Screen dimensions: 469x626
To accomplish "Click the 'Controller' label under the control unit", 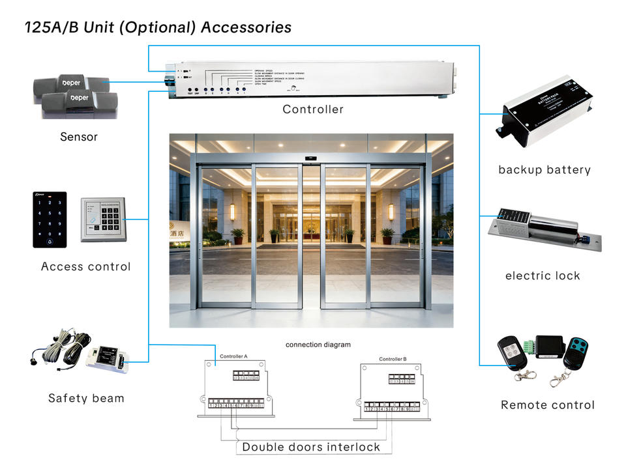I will coord(313,109).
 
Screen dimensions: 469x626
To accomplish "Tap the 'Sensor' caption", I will coord(79,137).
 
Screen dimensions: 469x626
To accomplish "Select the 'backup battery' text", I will coord(544,170).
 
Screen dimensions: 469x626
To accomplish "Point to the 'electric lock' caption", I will coord(543,276).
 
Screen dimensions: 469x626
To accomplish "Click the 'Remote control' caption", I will coord(548,405).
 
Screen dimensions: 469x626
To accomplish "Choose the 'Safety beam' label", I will coord(86,398).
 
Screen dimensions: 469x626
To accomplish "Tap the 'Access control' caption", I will coord(86,266).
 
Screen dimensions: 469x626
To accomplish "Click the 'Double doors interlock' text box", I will coord(311,447).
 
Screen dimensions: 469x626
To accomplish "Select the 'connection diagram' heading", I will coord(318,345).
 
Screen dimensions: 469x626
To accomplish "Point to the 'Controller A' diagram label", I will coord(233,356).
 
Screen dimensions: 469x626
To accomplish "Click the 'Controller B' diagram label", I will coord(393,359).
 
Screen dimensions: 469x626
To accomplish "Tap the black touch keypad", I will coord(50,220).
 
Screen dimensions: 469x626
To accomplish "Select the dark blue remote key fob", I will coord(576,354).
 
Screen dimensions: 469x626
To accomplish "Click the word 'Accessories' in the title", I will coord(246,28).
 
